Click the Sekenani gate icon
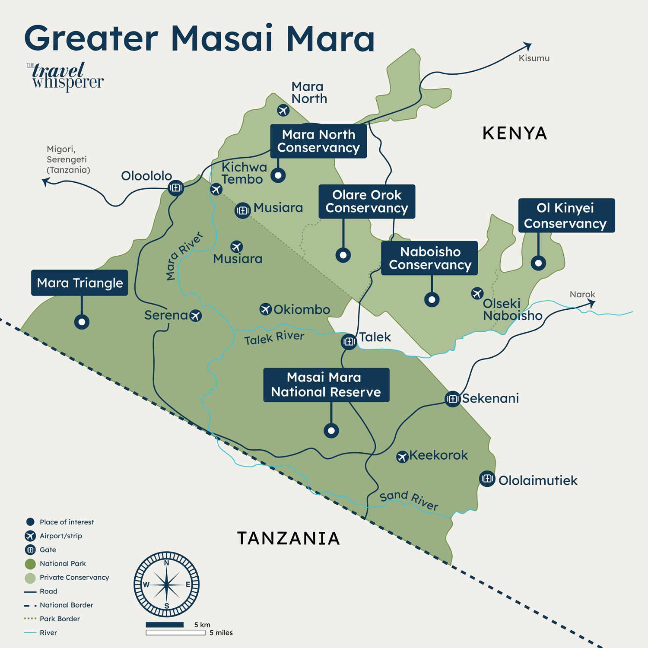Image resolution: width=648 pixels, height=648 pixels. (452, 399)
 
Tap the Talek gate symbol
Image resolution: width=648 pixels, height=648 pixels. (349, 342)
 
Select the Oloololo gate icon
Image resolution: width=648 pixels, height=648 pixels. (175, 187)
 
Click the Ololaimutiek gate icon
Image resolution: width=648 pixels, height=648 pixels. (487, 479)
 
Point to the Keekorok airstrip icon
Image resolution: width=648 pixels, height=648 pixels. (402, 457)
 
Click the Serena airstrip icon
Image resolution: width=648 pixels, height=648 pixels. (196, 316)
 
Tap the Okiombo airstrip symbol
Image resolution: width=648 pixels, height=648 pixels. (265, 309)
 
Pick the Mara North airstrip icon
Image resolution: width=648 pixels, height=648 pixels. (283, 110)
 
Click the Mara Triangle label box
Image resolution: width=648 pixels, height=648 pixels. (79, 283)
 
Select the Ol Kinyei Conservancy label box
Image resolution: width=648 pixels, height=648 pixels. (566, 216)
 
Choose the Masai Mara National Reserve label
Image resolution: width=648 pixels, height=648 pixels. (326, 385)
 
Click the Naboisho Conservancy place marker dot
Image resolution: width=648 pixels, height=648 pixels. (432, 299)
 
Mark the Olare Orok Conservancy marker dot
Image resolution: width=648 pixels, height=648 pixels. (343, 255)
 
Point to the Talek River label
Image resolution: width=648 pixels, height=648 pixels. (274, 338)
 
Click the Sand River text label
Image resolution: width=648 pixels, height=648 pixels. (409, 500)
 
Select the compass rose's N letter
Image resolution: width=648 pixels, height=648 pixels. (167, 563)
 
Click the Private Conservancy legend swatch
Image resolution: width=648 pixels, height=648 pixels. (30, 578)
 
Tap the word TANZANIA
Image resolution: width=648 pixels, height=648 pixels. (289, 538)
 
